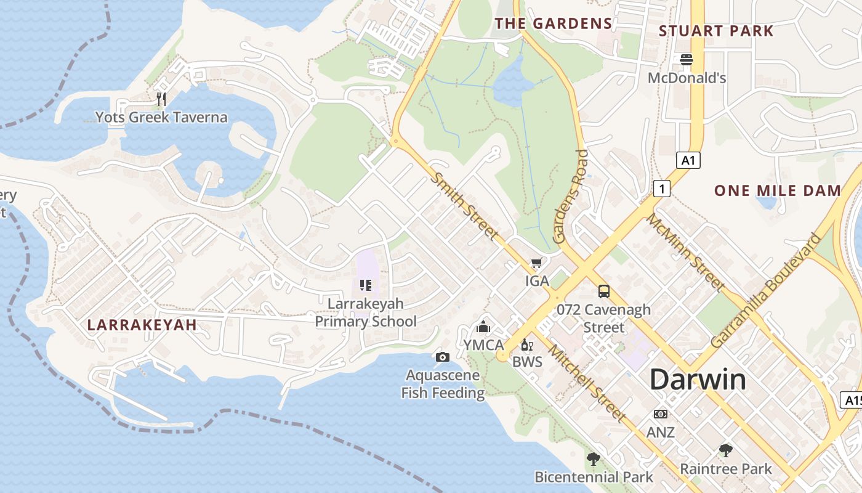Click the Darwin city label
coord(698,379)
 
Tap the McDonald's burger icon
coord(687,60)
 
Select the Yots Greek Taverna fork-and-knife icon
coord(161,99)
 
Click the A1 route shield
coord(688,161)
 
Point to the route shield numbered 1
coord(661,189)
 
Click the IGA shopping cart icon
coord(536,263)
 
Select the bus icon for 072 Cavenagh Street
coord(603,291)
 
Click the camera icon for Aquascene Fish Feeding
coord(442,357)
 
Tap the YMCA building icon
coord(483,327)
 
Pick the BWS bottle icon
coord(526,344)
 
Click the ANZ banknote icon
coord(660,414)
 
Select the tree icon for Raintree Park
coord(726,450)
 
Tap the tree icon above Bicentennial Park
coord(593,458)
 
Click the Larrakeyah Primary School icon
coord(366,285)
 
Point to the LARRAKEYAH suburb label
coord(142,325)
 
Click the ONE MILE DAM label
coord(777,190)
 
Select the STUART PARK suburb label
coord(716,31)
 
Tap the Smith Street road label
coord(464,206)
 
